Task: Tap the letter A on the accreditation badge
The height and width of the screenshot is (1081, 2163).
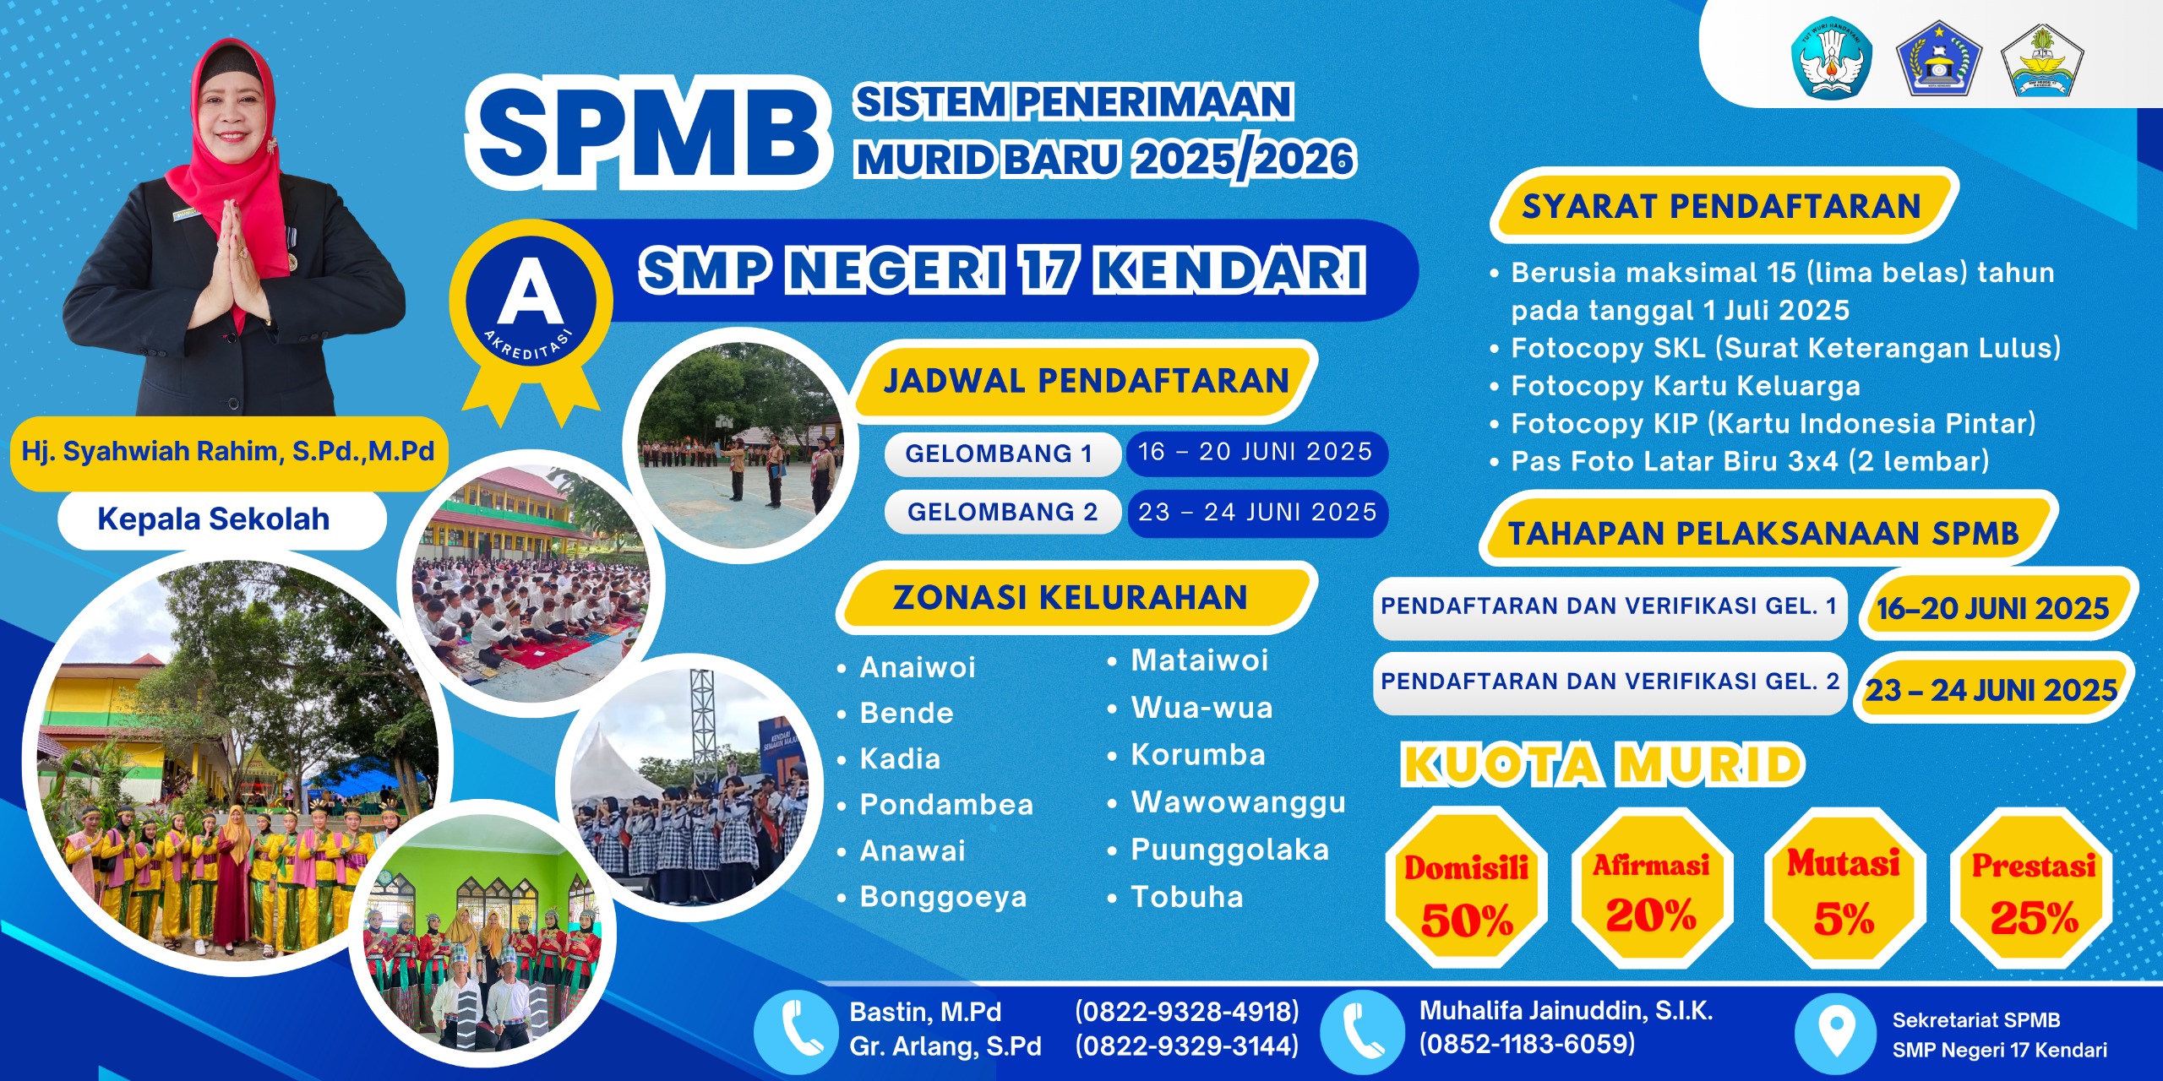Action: coord(530,292)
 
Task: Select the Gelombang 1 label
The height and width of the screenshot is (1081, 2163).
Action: coord(999,454)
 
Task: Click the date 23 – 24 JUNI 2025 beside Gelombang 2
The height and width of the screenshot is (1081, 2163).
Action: coord(1257,512)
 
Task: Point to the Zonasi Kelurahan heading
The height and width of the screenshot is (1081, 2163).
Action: coord(1070,598)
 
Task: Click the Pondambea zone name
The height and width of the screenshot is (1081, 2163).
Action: coord(946,805)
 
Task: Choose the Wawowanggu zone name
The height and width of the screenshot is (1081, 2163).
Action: coord(1238,802)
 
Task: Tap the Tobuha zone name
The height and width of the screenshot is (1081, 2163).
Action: coord(1186,897)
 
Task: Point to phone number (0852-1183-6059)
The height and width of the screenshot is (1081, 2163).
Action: coord(1527,1045)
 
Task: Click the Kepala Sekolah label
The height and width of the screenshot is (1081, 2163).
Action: coord(214,519)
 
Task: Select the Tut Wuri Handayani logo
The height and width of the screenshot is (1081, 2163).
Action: coord(1831,57)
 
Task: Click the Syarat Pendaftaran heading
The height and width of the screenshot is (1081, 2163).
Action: coord(1721,206)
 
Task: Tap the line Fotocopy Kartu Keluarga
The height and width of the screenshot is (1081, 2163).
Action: coord(1685,386)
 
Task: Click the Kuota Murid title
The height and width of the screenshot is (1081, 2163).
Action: coord(1603,765)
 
